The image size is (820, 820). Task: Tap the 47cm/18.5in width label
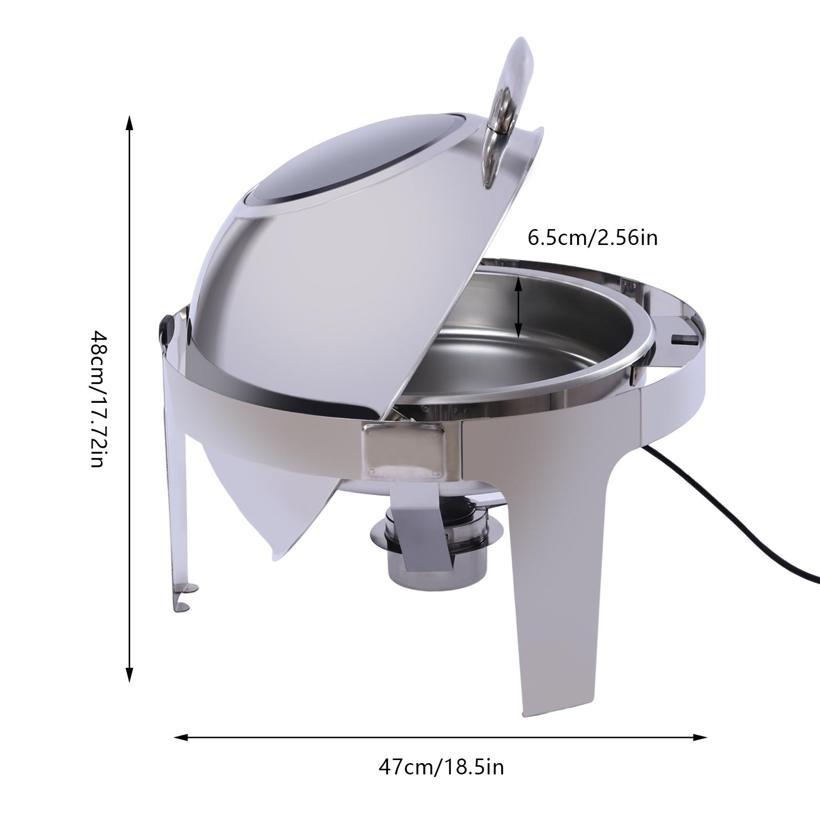tap(441, 767)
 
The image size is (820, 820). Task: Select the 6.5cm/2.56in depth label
tap(592, 238)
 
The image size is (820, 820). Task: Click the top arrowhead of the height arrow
tap(130, 123)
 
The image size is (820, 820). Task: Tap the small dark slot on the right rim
tap(684, 339)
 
